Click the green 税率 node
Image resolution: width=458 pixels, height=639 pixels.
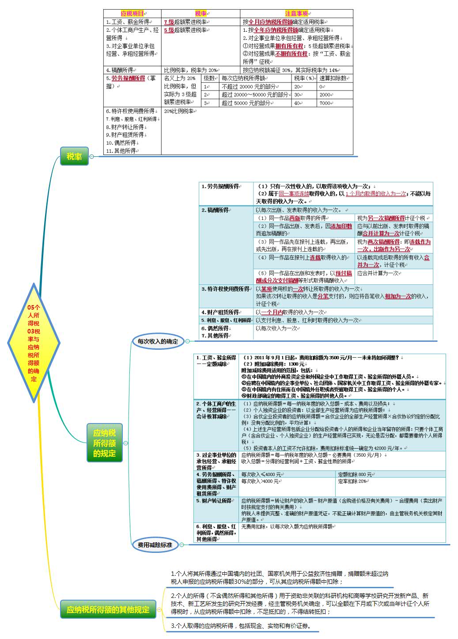click(x=74, y=156)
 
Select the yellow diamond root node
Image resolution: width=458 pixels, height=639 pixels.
click(x=34, y=343)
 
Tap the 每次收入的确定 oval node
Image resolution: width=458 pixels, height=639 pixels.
click(x=158, y=341)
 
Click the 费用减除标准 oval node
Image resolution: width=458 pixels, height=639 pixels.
click(x=155, y=545)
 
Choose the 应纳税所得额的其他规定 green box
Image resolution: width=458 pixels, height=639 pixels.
click(x=108, y=610)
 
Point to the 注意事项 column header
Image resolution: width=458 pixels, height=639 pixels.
click(x=296, y=14)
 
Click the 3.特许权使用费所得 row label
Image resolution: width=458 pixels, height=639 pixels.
click(x=225, y=289)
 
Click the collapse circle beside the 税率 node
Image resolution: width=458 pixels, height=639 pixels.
click(x=91, y=156)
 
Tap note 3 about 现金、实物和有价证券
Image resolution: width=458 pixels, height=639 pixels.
click(x=241, y=626)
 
